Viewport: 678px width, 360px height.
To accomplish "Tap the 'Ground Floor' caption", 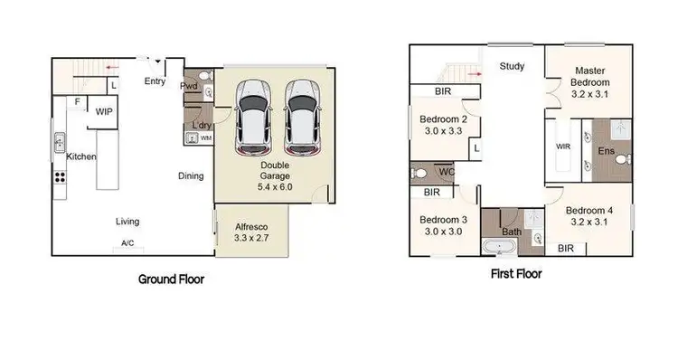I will [171, 279].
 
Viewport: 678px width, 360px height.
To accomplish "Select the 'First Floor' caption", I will [516, 273].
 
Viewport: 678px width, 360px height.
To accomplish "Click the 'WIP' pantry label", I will [105, 111].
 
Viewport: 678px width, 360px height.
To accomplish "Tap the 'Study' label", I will [512, 65].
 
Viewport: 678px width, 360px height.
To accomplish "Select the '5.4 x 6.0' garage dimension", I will [277, 187].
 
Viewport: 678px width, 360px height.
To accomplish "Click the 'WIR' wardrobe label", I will [562, 146].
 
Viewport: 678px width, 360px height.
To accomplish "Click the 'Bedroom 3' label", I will [443, 223].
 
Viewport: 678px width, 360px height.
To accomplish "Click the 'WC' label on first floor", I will [446, 171].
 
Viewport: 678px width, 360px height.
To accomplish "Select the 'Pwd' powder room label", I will [188, 87].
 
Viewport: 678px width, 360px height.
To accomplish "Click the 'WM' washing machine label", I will [205, 138].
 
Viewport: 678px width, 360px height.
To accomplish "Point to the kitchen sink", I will [60, 142].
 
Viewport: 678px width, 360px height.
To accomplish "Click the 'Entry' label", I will [155, 81].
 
